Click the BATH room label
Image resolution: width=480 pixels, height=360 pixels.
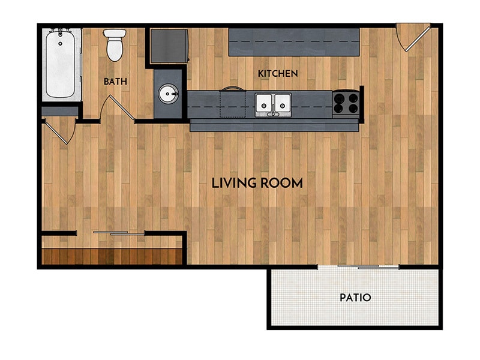[x=115, y=81]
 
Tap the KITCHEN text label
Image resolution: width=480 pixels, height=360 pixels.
[x=278, y=73]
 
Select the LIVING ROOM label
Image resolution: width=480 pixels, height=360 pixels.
[x=257, y=183]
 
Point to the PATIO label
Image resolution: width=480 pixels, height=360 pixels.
[x=355, y=297]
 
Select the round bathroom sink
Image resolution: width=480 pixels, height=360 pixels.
[x=167, y=94]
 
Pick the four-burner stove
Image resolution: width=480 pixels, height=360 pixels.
[x=346, y=103]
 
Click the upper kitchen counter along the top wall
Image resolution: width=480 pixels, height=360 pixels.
[x=293, y=41]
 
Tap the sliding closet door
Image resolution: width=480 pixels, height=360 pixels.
[x=119, y=233]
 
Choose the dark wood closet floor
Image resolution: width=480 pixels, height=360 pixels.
[x=111, y=256]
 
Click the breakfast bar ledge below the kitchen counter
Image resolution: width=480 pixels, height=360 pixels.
[x=275, y=126]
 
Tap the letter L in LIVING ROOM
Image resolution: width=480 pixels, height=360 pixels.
[x=215, y=183]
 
